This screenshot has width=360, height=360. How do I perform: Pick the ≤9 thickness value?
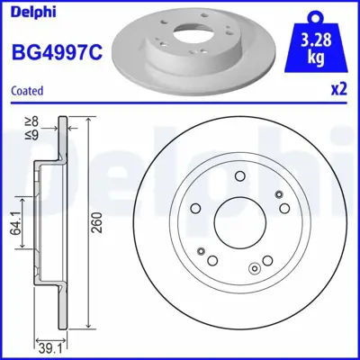point(33,133)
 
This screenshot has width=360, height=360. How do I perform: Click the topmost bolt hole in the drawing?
point(238,177)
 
